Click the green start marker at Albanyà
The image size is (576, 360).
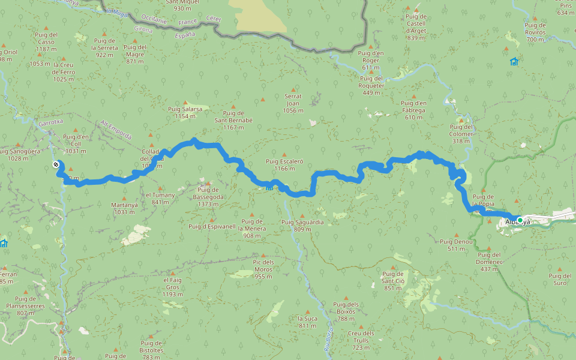tap(520, 220)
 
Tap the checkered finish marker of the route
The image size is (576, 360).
tap(55, 164)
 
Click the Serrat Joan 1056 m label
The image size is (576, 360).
tap(293, 103)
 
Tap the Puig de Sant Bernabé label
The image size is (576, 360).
tap(233, 116)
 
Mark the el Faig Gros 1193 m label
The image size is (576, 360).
tap(172, 287)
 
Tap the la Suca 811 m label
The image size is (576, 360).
tap(307, 322)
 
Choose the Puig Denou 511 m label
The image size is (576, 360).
tap(456, 245)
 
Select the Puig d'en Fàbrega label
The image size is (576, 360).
tap(413, 110)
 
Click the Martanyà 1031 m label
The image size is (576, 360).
tap(124, 208)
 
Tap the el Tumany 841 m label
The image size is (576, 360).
tap(160, 199)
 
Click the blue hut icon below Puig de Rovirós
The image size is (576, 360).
tap(514, 62)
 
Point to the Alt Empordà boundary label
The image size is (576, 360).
tap(116, 129)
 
